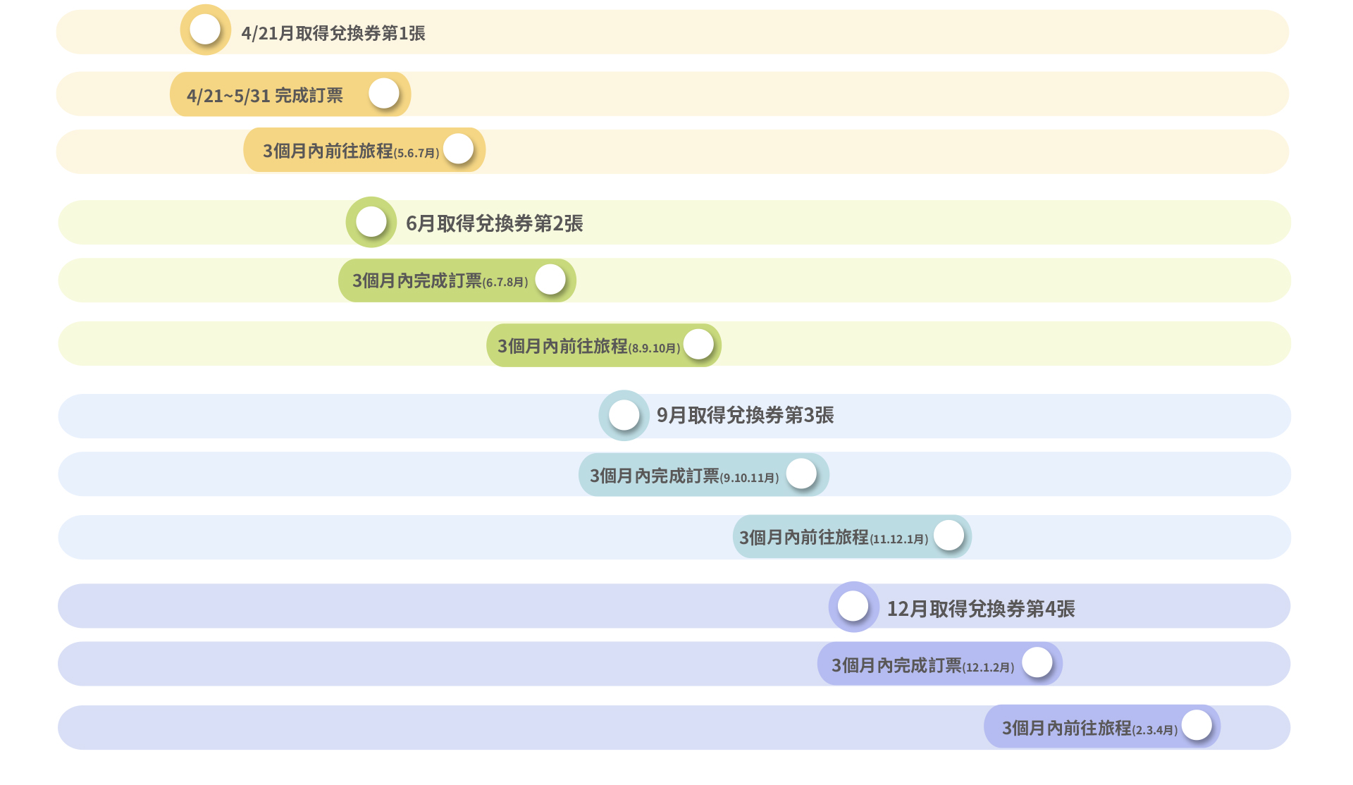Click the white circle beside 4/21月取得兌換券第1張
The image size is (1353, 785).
(205, 30)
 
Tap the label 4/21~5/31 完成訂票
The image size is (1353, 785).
(264, 95)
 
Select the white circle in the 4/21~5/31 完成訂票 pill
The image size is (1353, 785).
(384, 93)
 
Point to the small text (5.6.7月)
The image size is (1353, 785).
(416, 153)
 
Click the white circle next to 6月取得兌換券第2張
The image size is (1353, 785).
(371, 222)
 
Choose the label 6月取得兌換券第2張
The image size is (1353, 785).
(494, 223)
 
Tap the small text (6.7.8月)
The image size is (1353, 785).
(505, 282)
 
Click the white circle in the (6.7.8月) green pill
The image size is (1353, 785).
(550, 279)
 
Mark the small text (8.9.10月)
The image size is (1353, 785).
(654, 348)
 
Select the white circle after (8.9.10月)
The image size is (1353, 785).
(698, 344)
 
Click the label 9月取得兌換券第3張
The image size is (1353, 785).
(745, 415)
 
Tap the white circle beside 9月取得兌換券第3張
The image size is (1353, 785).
(624, 415)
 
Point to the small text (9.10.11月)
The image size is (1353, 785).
(749, 478)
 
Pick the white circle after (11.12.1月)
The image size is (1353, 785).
(949, 535)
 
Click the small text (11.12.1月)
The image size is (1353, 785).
(898, 539)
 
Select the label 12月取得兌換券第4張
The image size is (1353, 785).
(980, 609)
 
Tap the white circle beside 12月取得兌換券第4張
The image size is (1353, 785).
(853, 606)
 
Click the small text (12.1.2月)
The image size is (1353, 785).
(988, 667)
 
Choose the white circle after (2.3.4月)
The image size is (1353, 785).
(1197, 724)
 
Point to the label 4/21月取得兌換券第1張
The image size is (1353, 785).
(333, 33)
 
